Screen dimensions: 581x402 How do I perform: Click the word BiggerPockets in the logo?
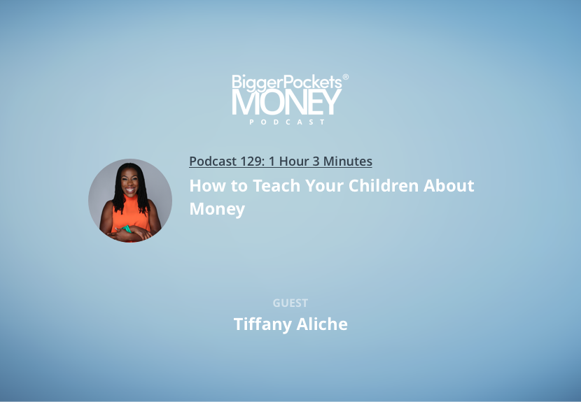(x=287, y=82)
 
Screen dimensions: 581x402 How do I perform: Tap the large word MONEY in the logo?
(x=287, y=103)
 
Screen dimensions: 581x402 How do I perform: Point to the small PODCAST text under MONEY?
(x=287, y=122)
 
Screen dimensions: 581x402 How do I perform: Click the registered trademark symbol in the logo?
(x=345, y=77)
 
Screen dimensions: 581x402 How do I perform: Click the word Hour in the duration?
(x=294, y=161)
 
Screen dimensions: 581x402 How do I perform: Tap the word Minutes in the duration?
(x=348, y=161)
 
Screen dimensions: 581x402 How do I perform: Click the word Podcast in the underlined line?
(x=213, y=161)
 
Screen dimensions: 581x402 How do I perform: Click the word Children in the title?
(x=384, y=185)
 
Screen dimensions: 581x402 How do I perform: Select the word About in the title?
(x=449, y=185)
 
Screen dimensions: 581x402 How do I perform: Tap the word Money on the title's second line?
(x=217, y=209)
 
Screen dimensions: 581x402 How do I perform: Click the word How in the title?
(x=207, y=185)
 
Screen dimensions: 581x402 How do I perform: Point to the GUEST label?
(x=290, y=303)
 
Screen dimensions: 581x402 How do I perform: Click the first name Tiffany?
(x=262, y=324)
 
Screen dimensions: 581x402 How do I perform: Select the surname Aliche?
(x=322, y=324)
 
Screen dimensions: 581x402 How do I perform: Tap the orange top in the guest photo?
(x=130, y=215)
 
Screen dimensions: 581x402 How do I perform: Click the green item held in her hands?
(x=127, y=229)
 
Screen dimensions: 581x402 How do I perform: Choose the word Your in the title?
(x=324, y=185)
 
